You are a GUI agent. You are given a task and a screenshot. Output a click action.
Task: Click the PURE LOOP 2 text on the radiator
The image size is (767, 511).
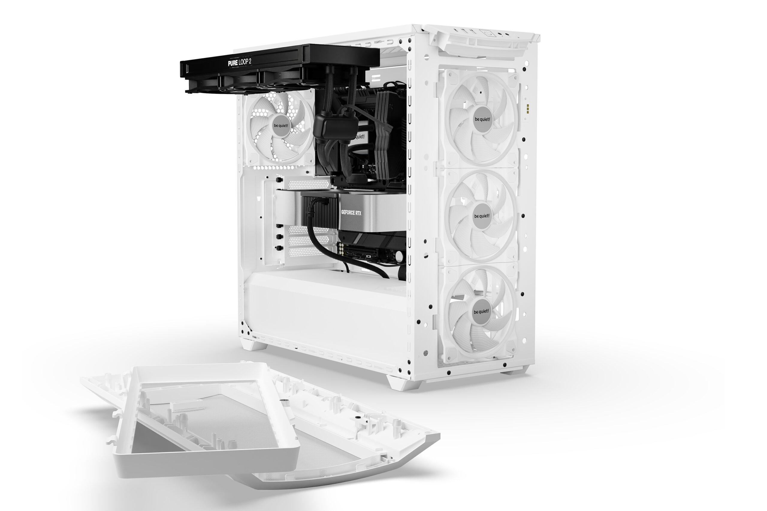[239, 62]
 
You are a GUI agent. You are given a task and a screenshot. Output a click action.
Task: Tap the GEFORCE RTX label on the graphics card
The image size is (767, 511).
[351, 213]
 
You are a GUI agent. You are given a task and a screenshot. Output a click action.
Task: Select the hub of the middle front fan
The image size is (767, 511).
[482, 216]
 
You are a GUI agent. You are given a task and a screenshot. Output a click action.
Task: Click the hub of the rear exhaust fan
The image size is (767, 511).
[281, 126]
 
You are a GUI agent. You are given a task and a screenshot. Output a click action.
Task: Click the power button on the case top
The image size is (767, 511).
[487, 33]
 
